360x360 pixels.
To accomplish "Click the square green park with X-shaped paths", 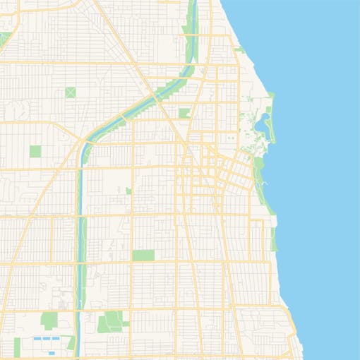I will click(x=71, y=92).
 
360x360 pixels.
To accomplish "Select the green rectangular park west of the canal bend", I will click(x=35, y=150).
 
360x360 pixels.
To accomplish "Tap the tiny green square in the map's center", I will click(x=128, y=191).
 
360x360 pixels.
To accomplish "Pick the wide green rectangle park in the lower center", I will click(x=143, y=255).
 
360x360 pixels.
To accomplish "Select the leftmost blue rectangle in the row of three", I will click(x=37, y=340).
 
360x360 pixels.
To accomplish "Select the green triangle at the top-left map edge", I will click(x=4, y=39).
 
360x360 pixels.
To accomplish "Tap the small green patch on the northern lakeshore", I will click(x=240, y=50).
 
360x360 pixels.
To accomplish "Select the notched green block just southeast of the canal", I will click(x=184, y=112).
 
